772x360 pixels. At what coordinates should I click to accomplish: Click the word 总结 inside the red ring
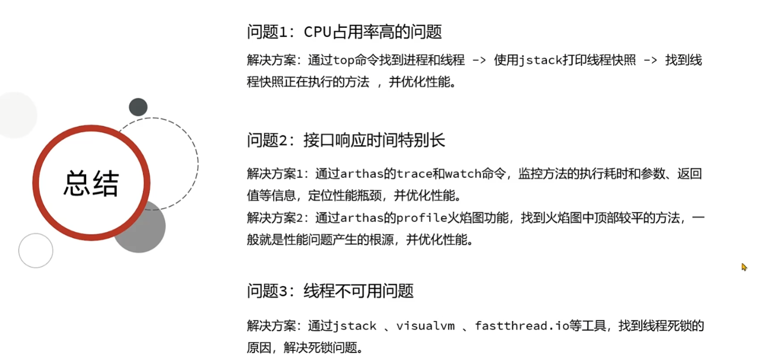(x=91, y=183)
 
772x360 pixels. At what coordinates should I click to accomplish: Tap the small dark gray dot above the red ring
(x=138, y=107)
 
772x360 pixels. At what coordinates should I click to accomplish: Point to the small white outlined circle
(x=36, y=250)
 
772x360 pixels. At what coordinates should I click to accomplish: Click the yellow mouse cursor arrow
(x=744, y=267)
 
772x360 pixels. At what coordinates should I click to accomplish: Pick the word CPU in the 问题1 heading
(x=318, y=32)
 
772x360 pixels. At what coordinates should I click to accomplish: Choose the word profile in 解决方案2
(x=420, y=218)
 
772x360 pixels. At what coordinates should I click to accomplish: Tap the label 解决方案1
(x=277, y=174)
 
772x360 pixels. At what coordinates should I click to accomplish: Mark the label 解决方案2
(x=277, y=218)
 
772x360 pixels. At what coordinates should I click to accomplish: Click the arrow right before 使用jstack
(x=479, y=60)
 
